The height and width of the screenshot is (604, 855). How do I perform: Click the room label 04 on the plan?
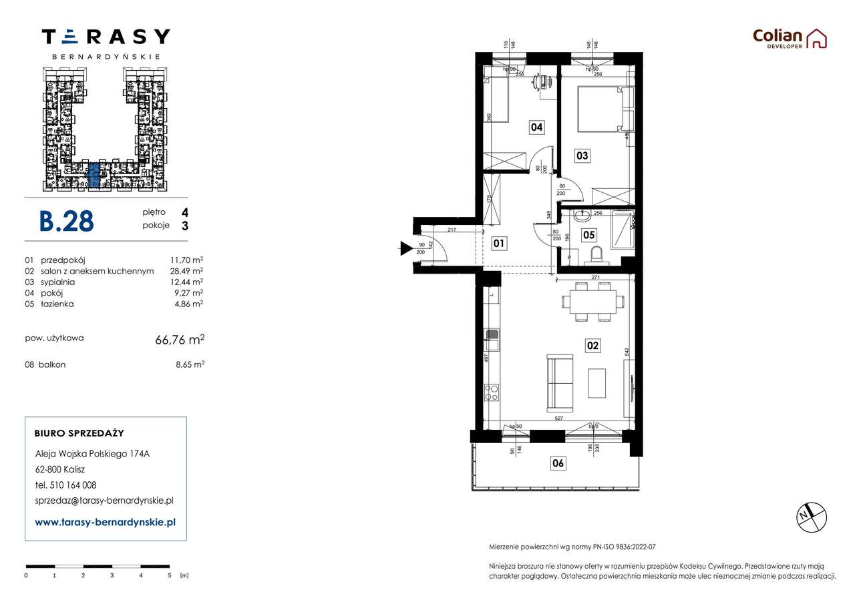click(536, 127)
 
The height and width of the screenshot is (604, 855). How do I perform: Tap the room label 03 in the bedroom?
click(582, 156)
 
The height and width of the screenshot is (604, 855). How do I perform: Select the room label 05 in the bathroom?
click(588, 234)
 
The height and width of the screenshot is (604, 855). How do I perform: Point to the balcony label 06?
click(558, 463)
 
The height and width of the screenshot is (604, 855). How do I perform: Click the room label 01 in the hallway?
click(499, 244)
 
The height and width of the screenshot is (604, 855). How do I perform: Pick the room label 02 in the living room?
click(592, 346)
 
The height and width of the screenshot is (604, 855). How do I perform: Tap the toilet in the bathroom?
click(597, 254)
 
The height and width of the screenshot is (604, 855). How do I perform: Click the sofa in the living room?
click(560, 382)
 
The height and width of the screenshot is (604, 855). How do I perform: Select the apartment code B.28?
click(66, 221)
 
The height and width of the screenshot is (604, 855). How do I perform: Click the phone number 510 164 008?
click(74, 485)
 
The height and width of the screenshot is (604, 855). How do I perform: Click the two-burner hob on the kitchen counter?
click(492, 392)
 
